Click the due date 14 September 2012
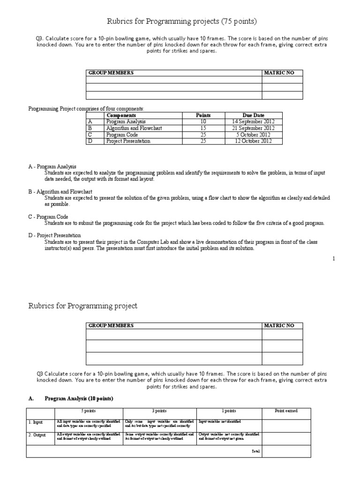(x=253, y=121)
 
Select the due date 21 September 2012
(x=253, y=128)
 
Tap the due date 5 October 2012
(x=253, y=135)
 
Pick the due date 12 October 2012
(x=253, y=141)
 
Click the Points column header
(x=203, y=115)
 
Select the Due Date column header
(x=254, y=115)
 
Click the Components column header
(x=121, y=115)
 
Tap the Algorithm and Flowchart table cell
(x=134, y=128)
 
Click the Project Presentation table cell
(x=128, y=141)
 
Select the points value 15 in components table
(x=203, y=128)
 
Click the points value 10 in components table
(x=203, y=121)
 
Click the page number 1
(x=334, y=258)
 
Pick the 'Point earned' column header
(x=285, y=411)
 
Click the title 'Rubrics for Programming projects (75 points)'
(x=180, y=21)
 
